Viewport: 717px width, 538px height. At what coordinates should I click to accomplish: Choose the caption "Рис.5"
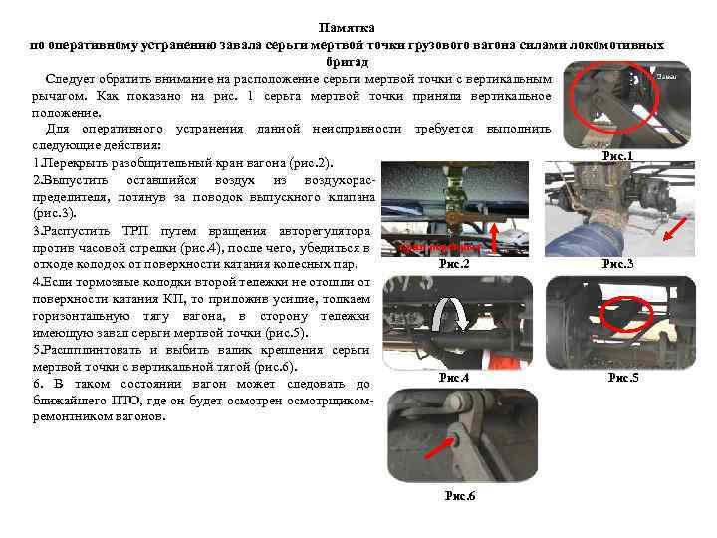(x=623, y=378)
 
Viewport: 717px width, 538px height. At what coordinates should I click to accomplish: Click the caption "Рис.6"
(x=459, y=496)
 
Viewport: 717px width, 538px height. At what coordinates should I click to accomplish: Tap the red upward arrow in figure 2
(x=456, y=225)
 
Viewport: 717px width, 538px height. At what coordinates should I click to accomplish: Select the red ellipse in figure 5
(x=627, y=316)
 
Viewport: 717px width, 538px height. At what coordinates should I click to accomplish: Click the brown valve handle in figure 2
(x=460, y=212)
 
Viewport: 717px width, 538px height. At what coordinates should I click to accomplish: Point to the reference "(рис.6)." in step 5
(x=260, y=366)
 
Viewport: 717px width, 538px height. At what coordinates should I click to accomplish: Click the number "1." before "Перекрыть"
(x=38, y=162)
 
